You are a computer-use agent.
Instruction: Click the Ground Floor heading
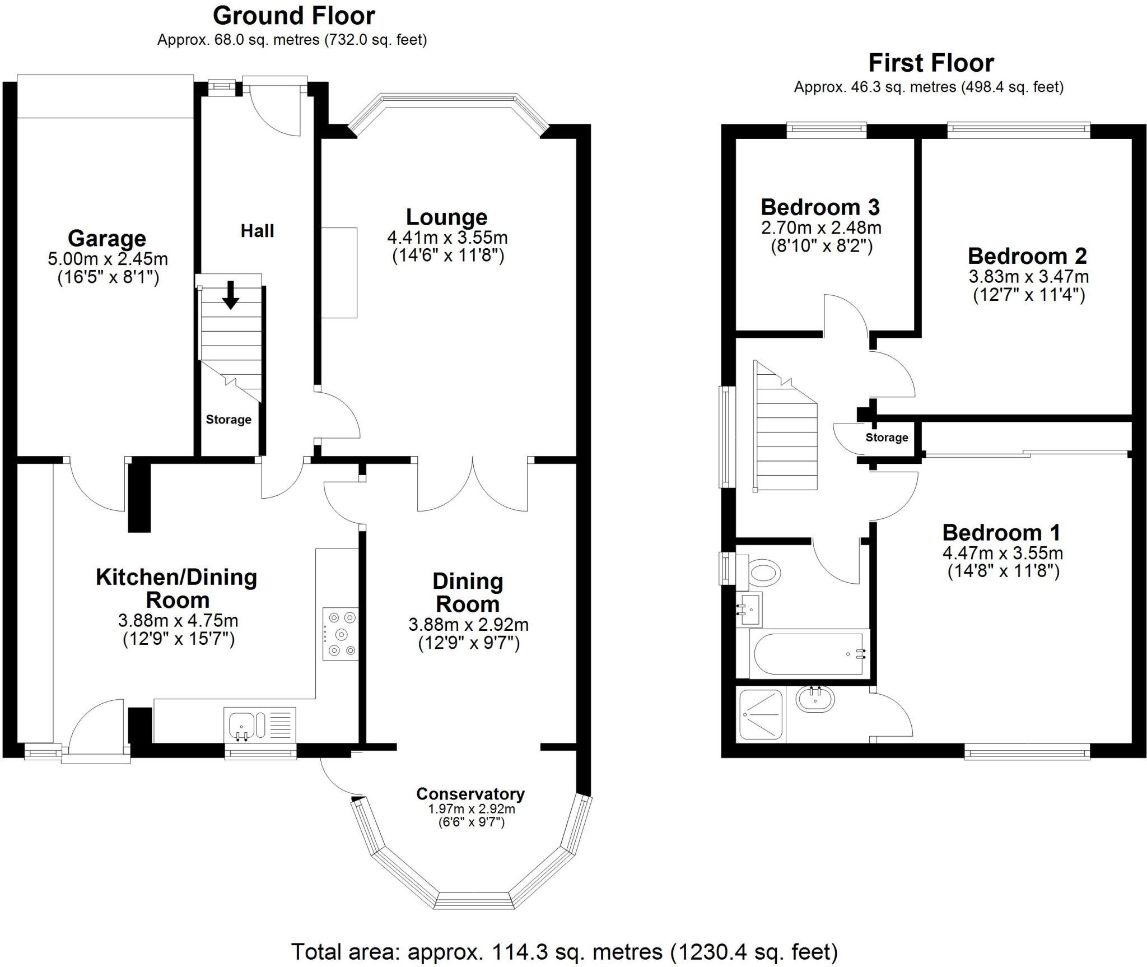(293, 16)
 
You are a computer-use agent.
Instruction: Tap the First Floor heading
(931, 63)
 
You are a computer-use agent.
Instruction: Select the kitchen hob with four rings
(341, 634)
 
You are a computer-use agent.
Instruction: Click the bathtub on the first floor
(809, 654)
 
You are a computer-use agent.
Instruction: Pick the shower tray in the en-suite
(761, 714)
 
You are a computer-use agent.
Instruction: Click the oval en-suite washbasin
(815, 699)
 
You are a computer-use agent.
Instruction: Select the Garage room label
(107, 239)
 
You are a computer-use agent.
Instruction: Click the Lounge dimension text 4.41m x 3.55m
(447, 238)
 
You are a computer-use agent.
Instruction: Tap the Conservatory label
(470, 794)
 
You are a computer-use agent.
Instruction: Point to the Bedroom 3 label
(820, 207)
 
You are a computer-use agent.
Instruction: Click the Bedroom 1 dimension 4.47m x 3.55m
(1003, 554)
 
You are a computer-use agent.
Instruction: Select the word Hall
(257, 231)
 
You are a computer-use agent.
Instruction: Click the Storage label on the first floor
(887, 438)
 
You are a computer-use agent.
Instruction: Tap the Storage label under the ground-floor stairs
(229, 420)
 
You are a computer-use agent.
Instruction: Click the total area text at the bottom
(564, 951)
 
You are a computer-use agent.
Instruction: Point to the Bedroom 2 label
(1027, 256)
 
